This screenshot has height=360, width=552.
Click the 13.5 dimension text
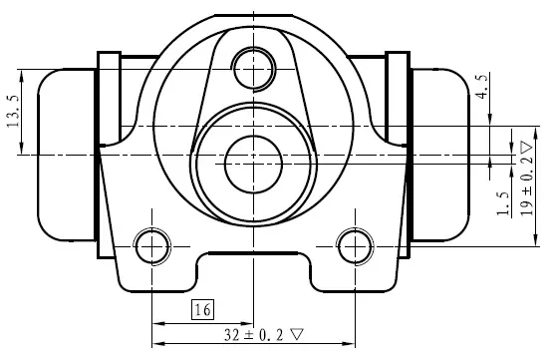(13, 111)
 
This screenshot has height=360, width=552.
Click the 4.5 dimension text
(482, 86)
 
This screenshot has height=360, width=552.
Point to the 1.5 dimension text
(503, 203)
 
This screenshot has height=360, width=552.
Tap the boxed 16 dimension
(202, 310)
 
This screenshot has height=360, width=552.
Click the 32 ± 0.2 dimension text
(253, 335)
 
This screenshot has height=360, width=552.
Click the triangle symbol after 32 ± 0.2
(296, 334)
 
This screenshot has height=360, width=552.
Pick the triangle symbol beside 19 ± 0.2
(526, 148)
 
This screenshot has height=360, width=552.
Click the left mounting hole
(152, 246)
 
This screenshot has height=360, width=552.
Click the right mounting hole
(355, 246)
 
